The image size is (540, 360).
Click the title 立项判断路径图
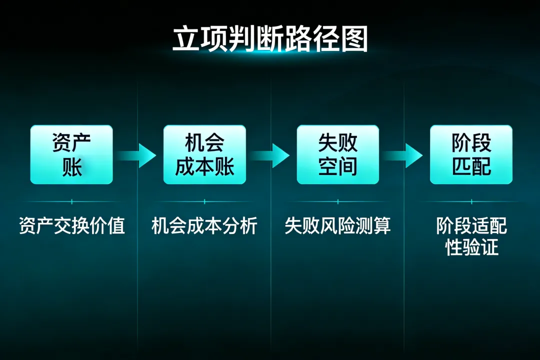[x=270, y=39]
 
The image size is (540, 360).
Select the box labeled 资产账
[x=71, y=154]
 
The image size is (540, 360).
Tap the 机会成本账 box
[x=204, y=154]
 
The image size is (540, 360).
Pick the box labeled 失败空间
[x=338, y=154]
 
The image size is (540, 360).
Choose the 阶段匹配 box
[x=471, y=154]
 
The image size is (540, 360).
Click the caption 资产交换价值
[x=71, y=226]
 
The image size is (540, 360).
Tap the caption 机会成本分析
[x=204, y=226]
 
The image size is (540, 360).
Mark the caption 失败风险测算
[x=338, y=226]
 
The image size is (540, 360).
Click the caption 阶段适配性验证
[x=471, y=236]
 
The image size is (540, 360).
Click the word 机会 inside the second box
[x=204, y=143]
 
